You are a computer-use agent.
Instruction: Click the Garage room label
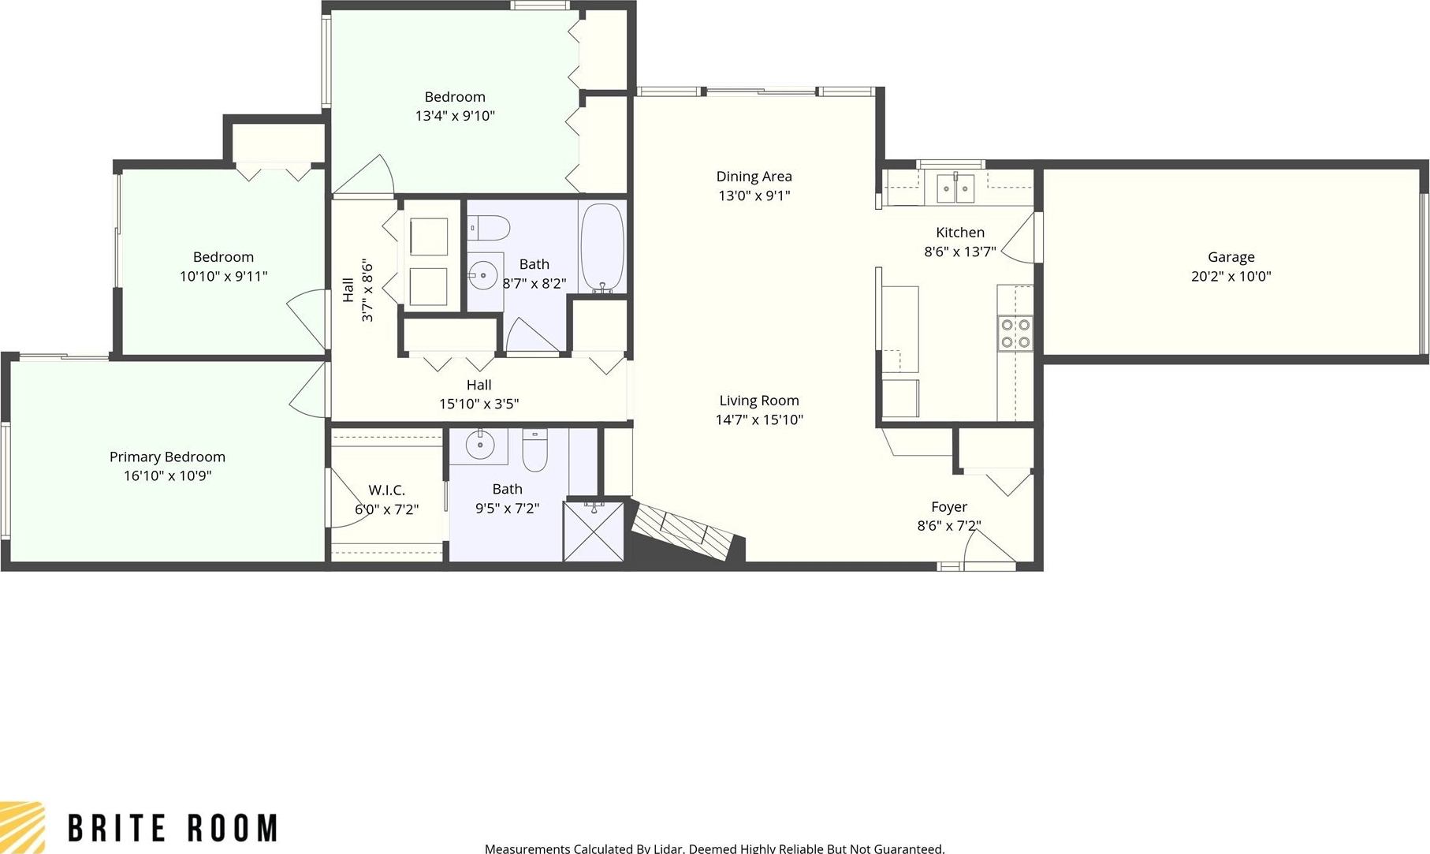(1231, 257)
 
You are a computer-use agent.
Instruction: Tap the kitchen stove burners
(1015, 333)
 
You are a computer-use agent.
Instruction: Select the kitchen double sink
(955, 188)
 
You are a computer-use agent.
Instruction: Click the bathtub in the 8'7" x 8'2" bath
(602, 248)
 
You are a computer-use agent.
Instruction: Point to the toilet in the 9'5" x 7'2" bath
(534, 449)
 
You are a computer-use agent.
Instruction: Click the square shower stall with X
(594, 531)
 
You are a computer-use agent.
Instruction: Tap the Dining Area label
(754, 177)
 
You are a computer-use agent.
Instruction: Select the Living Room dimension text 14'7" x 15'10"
(759, 420)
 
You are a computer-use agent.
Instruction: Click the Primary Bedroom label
(167, 457)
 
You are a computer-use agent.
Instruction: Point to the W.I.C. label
(386, 490)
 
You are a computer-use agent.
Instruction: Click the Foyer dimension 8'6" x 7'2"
(949, 526)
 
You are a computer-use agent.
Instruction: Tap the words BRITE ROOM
(173, 829)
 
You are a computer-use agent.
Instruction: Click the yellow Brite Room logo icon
(22, 827)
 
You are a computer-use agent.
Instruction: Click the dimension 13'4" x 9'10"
(455, 116)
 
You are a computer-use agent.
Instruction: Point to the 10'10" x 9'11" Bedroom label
(223, 267)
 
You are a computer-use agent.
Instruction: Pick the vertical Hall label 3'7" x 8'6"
(357, 290)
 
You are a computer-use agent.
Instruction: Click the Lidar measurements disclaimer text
(714, 848)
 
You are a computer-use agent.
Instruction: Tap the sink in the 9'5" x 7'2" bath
(479, 446)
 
